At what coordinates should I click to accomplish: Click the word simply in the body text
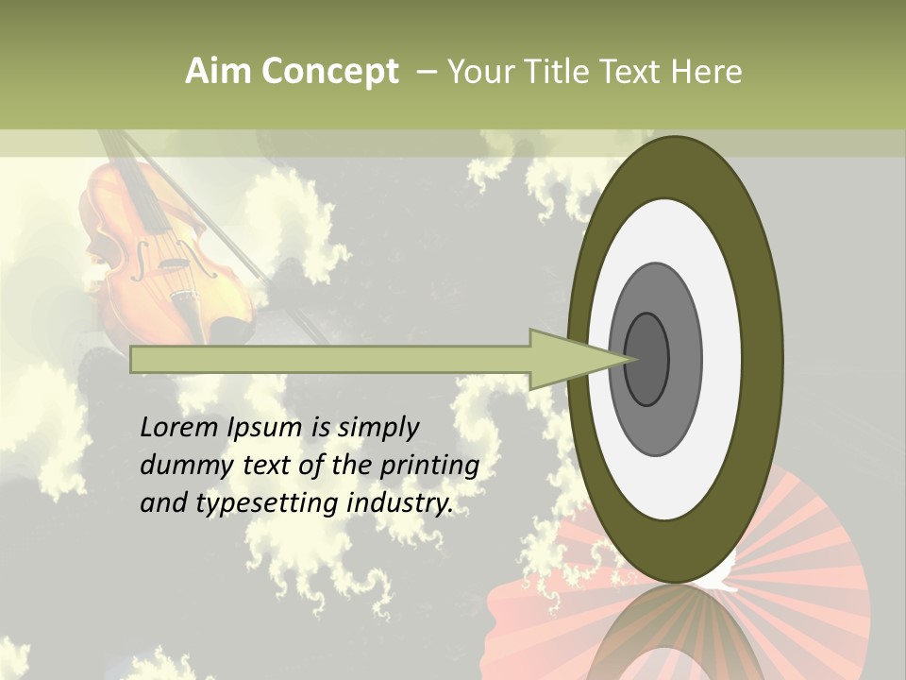(377, 429)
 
